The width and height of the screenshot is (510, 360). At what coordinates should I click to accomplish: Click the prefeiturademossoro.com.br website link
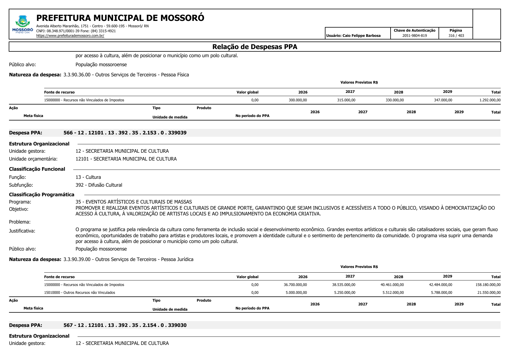(x=70, y=36)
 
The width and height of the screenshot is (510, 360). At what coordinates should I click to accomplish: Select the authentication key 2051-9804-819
(x=414, y=36)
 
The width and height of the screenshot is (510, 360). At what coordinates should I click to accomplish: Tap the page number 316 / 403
(x=456, y=36)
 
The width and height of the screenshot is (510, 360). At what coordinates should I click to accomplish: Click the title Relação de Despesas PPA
(x=255, y=47)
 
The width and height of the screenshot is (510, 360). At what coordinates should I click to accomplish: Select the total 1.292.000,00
(x=490, y=100)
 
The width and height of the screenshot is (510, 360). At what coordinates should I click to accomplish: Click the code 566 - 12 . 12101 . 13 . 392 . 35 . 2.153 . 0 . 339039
(x=125, y=133)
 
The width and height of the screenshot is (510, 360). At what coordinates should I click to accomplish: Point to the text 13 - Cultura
(x=88, y=177)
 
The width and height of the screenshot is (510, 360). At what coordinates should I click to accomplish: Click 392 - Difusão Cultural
(x=99, y=185)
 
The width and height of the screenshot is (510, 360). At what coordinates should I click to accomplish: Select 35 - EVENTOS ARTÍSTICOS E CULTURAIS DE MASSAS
(x=134, y=202)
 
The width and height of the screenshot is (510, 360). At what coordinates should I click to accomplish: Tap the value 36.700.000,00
(x=295, y=285)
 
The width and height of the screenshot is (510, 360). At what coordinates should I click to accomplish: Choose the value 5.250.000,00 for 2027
(x=345, y=293)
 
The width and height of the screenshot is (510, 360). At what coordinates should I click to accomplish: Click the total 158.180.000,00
(x=488, y=285)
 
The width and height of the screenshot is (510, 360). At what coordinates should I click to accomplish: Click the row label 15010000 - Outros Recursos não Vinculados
(x=79, y=293)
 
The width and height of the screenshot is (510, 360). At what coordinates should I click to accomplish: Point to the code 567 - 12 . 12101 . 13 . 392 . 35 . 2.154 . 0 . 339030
(x=125, y=325)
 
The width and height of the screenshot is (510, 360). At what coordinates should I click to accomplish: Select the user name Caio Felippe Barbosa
(x=361, y=36)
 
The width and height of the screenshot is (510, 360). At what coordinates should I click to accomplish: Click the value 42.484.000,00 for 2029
(x=441, y=285)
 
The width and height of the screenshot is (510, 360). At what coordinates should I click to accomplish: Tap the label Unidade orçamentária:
(x=33, y=159)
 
